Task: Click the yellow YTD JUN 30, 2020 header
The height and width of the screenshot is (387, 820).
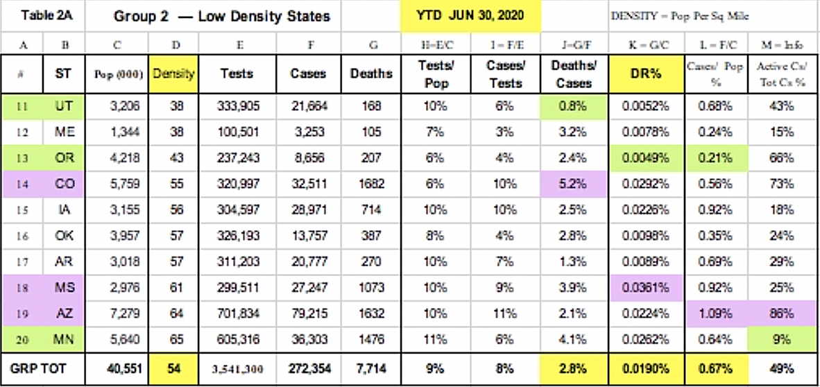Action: [470, 16]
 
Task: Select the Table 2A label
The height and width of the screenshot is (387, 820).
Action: [42, 15]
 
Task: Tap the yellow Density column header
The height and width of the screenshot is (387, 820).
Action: [176, 74]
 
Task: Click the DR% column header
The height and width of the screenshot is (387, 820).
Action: [645, 74]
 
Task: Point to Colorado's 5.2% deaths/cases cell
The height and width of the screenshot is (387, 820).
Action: [574, 184]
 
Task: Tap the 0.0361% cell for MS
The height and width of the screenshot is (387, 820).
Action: [645, 288]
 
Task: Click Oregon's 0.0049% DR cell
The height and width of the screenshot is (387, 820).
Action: [645, 158]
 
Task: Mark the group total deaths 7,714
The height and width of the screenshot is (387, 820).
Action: [371, 369]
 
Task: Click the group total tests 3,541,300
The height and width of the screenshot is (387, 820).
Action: [237, 369]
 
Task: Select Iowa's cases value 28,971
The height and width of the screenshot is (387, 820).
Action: [309, 210]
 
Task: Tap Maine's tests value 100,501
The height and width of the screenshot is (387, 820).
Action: [237, 132]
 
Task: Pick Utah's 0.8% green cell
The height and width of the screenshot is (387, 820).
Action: [574, 107]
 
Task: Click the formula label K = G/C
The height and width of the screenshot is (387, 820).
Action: [645, 46]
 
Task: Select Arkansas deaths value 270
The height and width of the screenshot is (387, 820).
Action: [371, 262]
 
